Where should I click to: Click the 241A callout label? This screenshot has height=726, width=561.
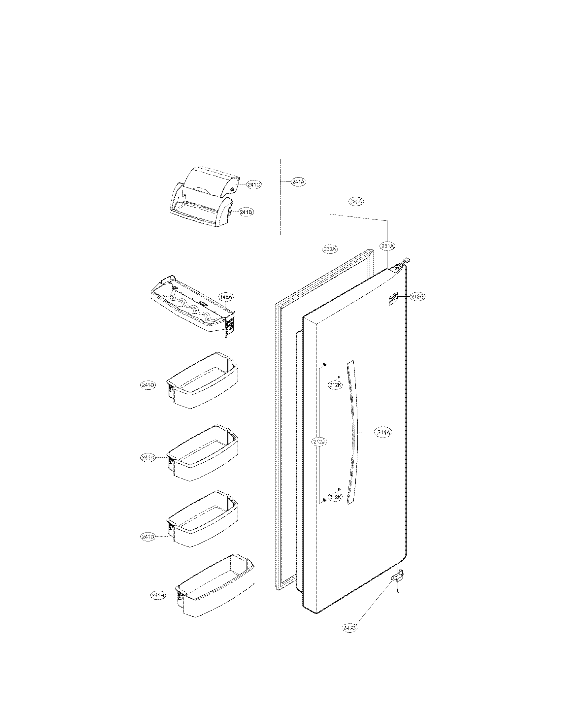click(x=298, y=182)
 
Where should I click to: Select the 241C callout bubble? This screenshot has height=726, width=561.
click(x=254, y=185)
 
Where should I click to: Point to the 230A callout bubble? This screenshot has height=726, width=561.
click(x=356, y=201)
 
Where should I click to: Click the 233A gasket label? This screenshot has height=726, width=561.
click(x=330, y=248)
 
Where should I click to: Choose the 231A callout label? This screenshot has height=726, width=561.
click(x=387, y=246)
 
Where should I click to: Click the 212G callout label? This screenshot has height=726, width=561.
click(x=417, y=297)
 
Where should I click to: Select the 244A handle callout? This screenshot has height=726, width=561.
click(x=383, y=433)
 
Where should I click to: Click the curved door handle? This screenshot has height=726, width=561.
click(x=353, y=432)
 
